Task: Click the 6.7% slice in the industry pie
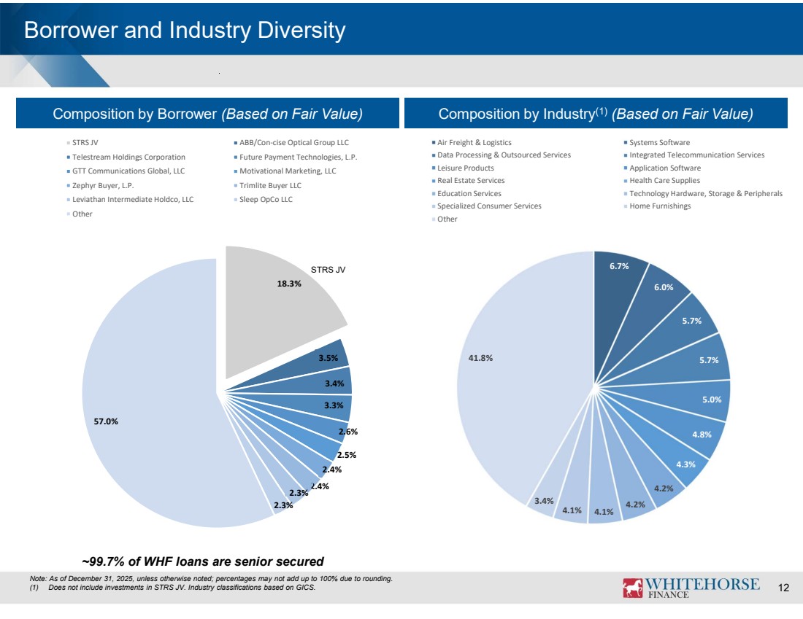tap(617, 281)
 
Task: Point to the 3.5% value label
tap(328, 358)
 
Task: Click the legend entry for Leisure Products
tap(465, 168)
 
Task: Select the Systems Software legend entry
tap(659, 142)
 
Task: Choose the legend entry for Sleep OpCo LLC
tap(266, 199)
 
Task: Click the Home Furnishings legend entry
tap(660, 206)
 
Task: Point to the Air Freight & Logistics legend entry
tap(474, 142)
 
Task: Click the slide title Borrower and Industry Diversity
tap(184, 31)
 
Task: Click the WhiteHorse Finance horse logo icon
tap(632, 588)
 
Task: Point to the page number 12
tap(784, 588)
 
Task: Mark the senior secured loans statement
tap(202, 561)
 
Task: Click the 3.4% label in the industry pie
tap(544, 501)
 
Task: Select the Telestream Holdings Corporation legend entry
tap(128, 157)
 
